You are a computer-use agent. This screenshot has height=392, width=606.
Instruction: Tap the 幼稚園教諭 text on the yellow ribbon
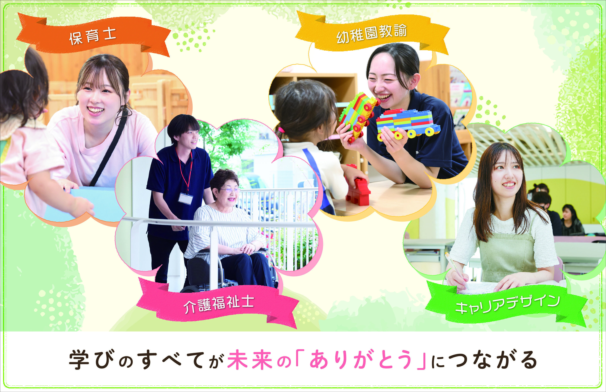[371, 34]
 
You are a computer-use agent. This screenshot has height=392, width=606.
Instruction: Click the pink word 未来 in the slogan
[250, 360]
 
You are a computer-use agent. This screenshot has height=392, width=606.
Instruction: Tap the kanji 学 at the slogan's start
[79, 360]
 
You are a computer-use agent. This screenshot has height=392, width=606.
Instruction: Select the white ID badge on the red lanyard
[185, 199]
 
